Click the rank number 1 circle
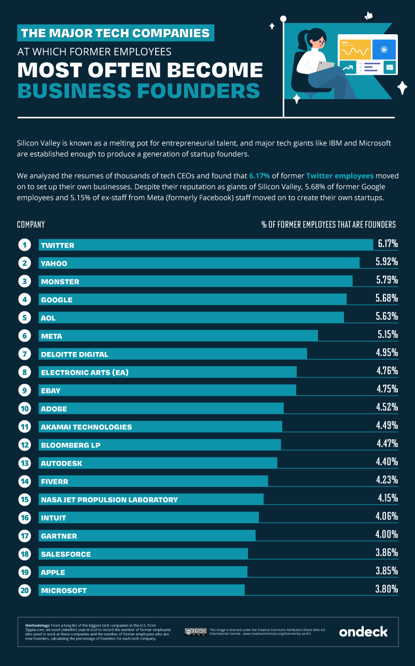click(24, 244)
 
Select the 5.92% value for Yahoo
click(386, 262)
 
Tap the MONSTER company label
click(60, 281)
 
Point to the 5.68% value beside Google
click(386, 298)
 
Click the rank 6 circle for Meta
click(24, 336)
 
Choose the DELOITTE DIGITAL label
click(75, 354)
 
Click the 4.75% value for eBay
click(387, 389)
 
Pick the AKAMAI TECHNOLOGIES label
click(87, 427)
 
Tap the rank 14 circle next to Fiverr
click(24, 481)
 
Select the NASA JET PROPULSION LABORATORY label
click(109, 499)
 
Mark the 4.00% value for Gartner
click(386, 534)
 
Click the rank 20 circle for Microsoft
click(24, 590)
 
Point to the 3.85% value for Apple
click(386, 570)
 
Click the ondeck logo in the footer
click(363, 632)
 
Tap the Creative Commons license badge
click(196, 632)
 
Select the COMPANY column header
click(31, 224)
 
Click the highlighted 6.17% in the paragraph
click(259, 176)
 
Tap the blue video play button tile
click(384, 49)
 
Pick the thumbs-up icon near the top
click(368, 16)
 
